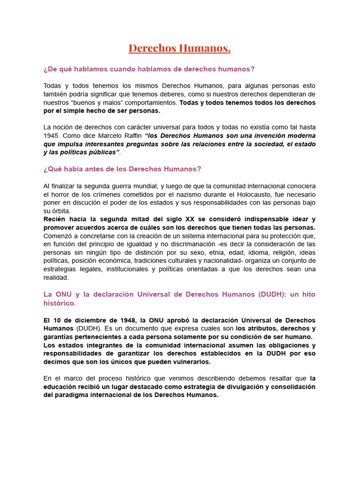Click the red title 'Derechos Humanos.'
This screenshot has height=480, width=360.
[180, 49]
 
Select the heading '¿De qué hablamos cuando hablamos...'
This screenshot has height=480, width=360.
[149, 69]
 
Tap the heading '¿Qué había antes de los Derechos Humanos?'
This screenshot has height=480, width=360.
[122, 169]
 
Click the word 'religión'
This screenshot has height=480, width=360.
[275, 253]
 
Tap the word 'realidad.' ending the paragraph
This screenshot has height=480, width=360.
[56, 277]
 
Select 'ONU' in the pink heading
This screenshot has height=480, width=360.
[64, 294]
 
